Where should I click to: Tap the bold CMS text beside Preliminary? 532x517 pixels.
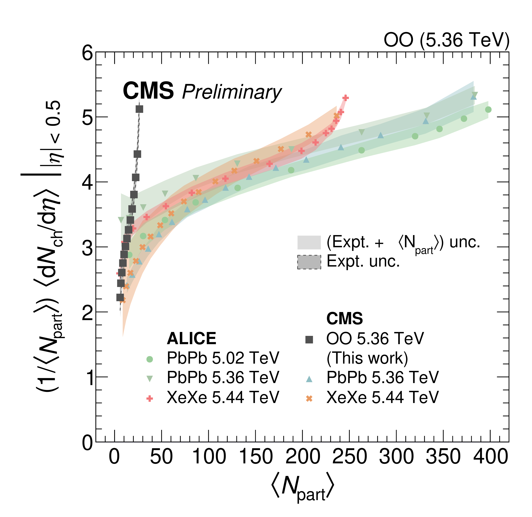pyautogui.click(x=148, y=91)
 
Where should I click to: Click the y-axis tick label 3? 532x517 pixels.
pyautogui.click(x=87, y=248)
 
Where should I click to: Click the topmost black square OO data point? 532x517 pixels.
pyautogui.click(x=139, y=109)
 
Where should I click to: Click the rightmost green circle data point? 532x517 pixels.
pyautogui.click(x=488, y=110)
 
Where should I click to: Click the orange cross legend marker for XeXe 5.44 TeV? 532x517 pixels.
pyautogui.click(x=309, y=398)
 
